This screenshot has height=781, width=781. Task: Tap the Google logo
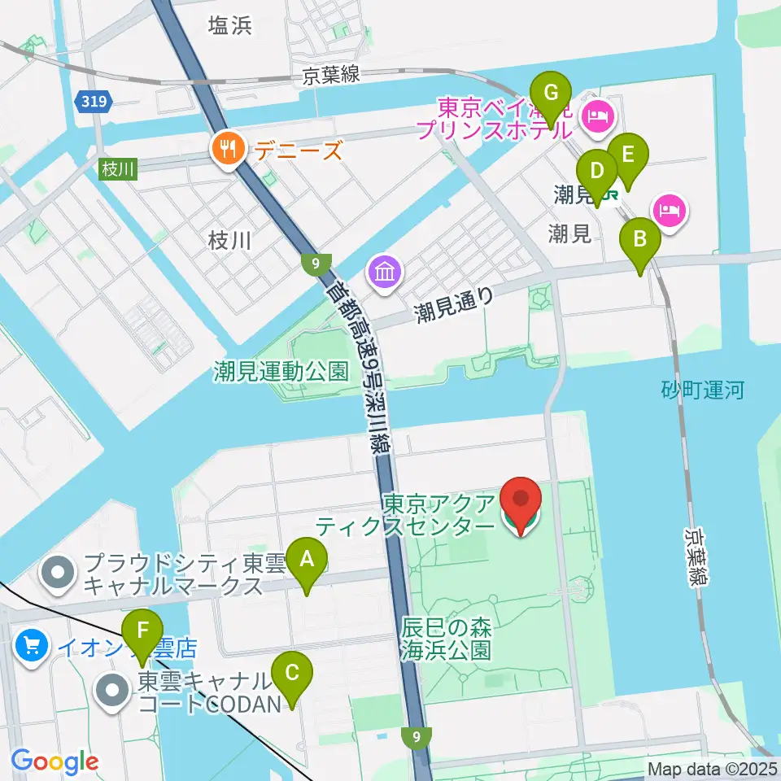click(55, 762)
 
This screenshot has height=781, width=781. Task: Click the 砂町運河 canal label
click(702, 390)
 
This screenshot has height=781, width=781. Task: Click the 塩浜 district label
click(229, 26)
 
